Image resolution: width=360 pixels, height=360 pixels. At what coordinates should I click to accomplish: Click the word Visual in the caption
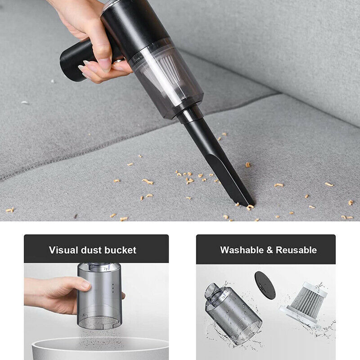click(x=63, y=250)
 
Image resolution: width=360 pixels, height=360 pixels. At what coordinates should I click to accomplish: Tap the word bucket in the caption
click(x=120, y=250)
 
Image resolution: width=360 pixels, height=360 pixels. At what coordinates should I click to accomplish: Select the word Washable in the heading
click(x=241, y=250)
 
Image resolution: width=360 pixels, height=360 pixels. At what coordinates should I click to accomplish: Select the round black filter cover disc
click(x=265, y=284)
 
